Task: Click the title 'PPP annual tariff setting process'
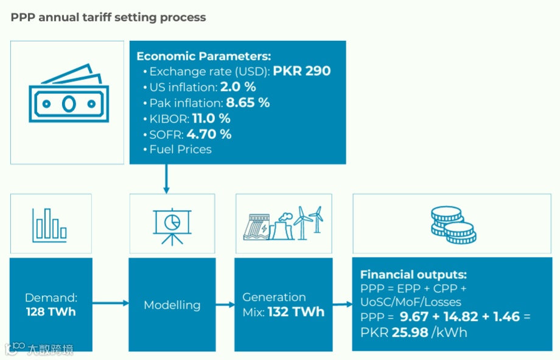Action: point(108,17)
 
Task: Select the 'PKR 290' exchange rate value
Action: point(301,71)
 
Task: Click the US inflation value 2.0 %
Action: point(238,87)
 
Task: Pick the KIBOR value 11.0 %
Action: point(211,118)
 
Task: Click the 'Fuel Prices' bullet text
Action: point(180,149)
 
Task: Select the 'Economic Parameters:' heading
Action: point(203,56)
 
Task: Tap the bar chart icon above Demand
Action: point(50,224)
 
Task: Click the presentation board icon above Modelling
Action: point(172,225)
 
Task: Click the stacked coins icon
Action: point(453,225)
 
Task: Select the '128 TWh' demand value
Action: point(51,312)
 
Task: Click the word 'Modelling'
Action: point(172,305)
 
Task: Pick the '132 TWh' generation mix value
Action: point(296,312)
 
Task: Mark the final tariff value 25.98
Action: point(408,333)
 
